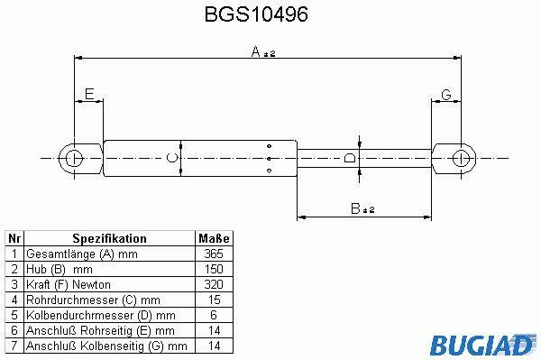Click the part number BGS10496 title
click(x=256, y=14)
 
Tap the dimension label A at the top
click(x=256, y=51)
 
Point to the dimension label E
click(x=89, y=94)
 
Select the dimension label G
click(x=446, y=94)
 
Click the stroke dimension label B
click(x=355, y=208)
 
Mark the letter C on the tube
click(x=171, y=158)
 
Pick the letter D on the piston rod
click(x=350, y=158)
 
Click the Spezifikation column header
click(x=109, y=238)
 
